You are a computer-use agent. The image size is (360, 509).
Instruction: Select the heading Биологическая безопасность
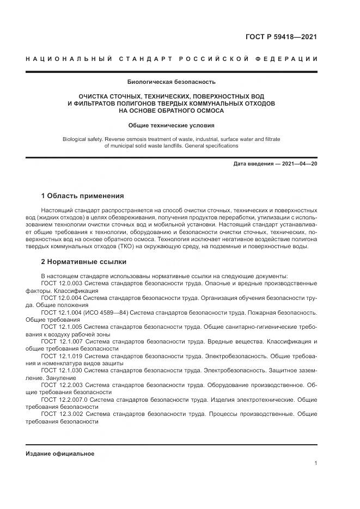pyautogui.click(x=172, y=83)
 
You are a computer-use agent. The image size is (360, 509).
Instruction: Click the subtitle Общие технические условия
pyautogui.click(x=172, y=125)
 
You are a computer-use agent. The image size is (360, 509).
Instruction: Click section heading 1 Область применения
pyautogui.click(x=83, y=195)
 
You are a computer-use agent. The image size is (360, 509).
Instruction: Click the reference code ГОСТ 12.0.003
pyautogui.click(x=62, y=283)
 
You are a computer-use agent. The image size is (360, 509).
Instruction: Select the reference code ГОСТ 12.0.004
pyautogui.click(x=62, y=298)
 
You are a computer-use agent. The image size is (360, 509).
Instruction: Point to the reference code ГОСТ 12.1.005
pyautogui.click(x=62, y=327)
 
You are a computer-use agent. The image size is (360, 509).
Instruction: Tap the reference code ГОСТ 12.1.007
pyautogui.click(x=62, y=341)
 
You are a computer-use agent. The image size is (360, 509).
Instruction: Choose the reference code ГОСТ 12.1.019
pyautogui.click(x=62, y=356)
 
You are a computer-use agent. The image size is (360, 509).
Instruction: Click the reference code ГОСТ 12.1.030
pyautogui.click(x=62, y=370)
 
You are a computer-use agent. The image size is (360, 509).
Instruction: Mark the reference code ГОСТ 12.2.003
pyautogui.click(x=62, y=385)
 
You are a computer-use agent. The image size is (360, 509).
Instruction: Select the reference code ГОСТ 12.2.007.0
pyautogui.click(x=64, y=399)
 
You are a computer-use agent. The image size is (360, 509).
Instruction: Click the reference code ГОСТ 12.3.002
pyautogui.click(x=62, y=414)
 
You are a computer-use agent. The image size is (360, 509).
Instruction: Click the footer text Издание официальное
pyautogui.click(x=60, y=453)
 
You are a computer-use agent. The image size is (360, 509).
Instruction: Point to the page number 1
pyautogui.click(x=315, y=463)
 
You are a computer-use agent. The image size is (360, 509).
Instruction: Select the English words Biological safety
pyautogui.click(x=85, y=139)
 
